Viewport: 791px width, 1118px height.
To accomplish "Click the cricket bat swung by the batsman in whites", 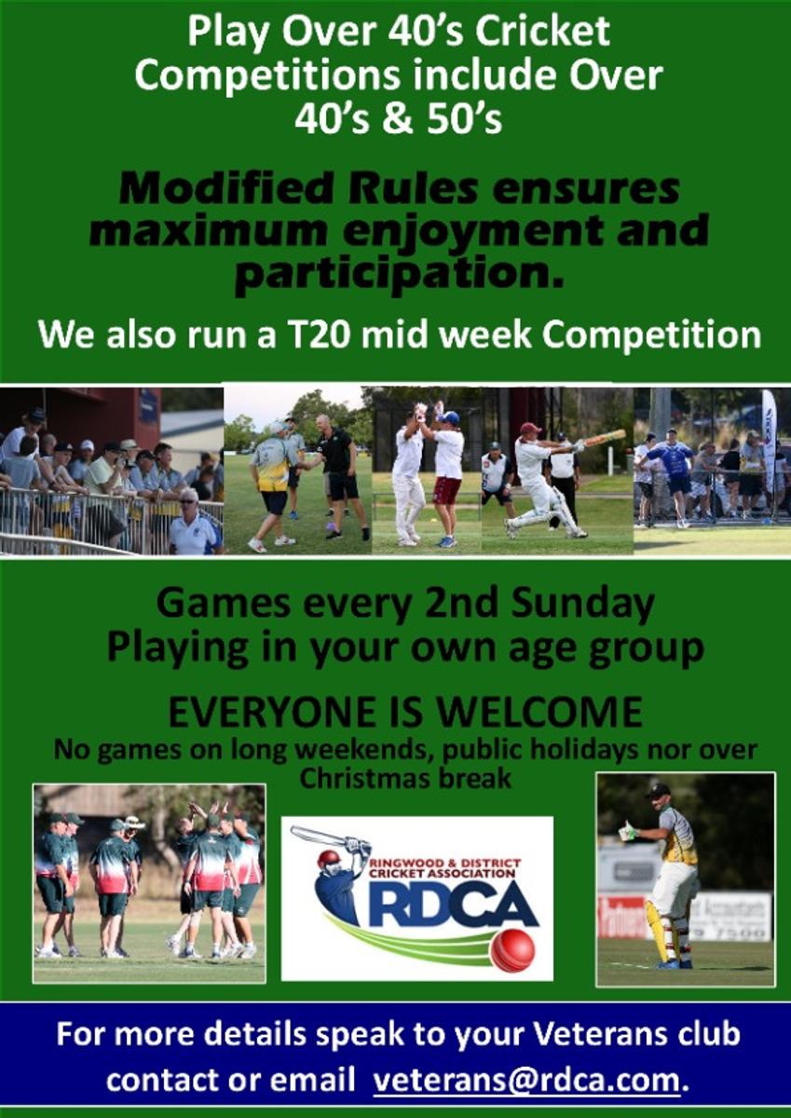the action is tap(605, 438).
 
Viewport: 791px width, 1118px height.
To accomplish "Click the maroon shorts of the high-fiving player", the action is tap(446, 491).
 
